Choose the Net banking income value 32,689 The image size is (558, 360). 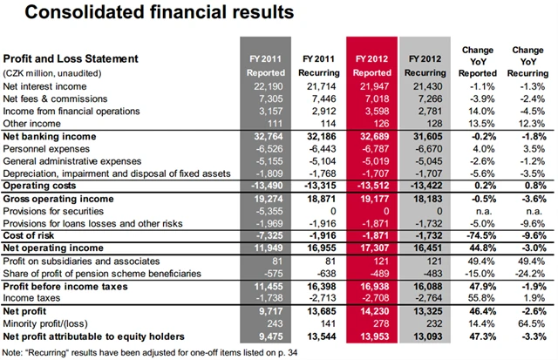(376, 138)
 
